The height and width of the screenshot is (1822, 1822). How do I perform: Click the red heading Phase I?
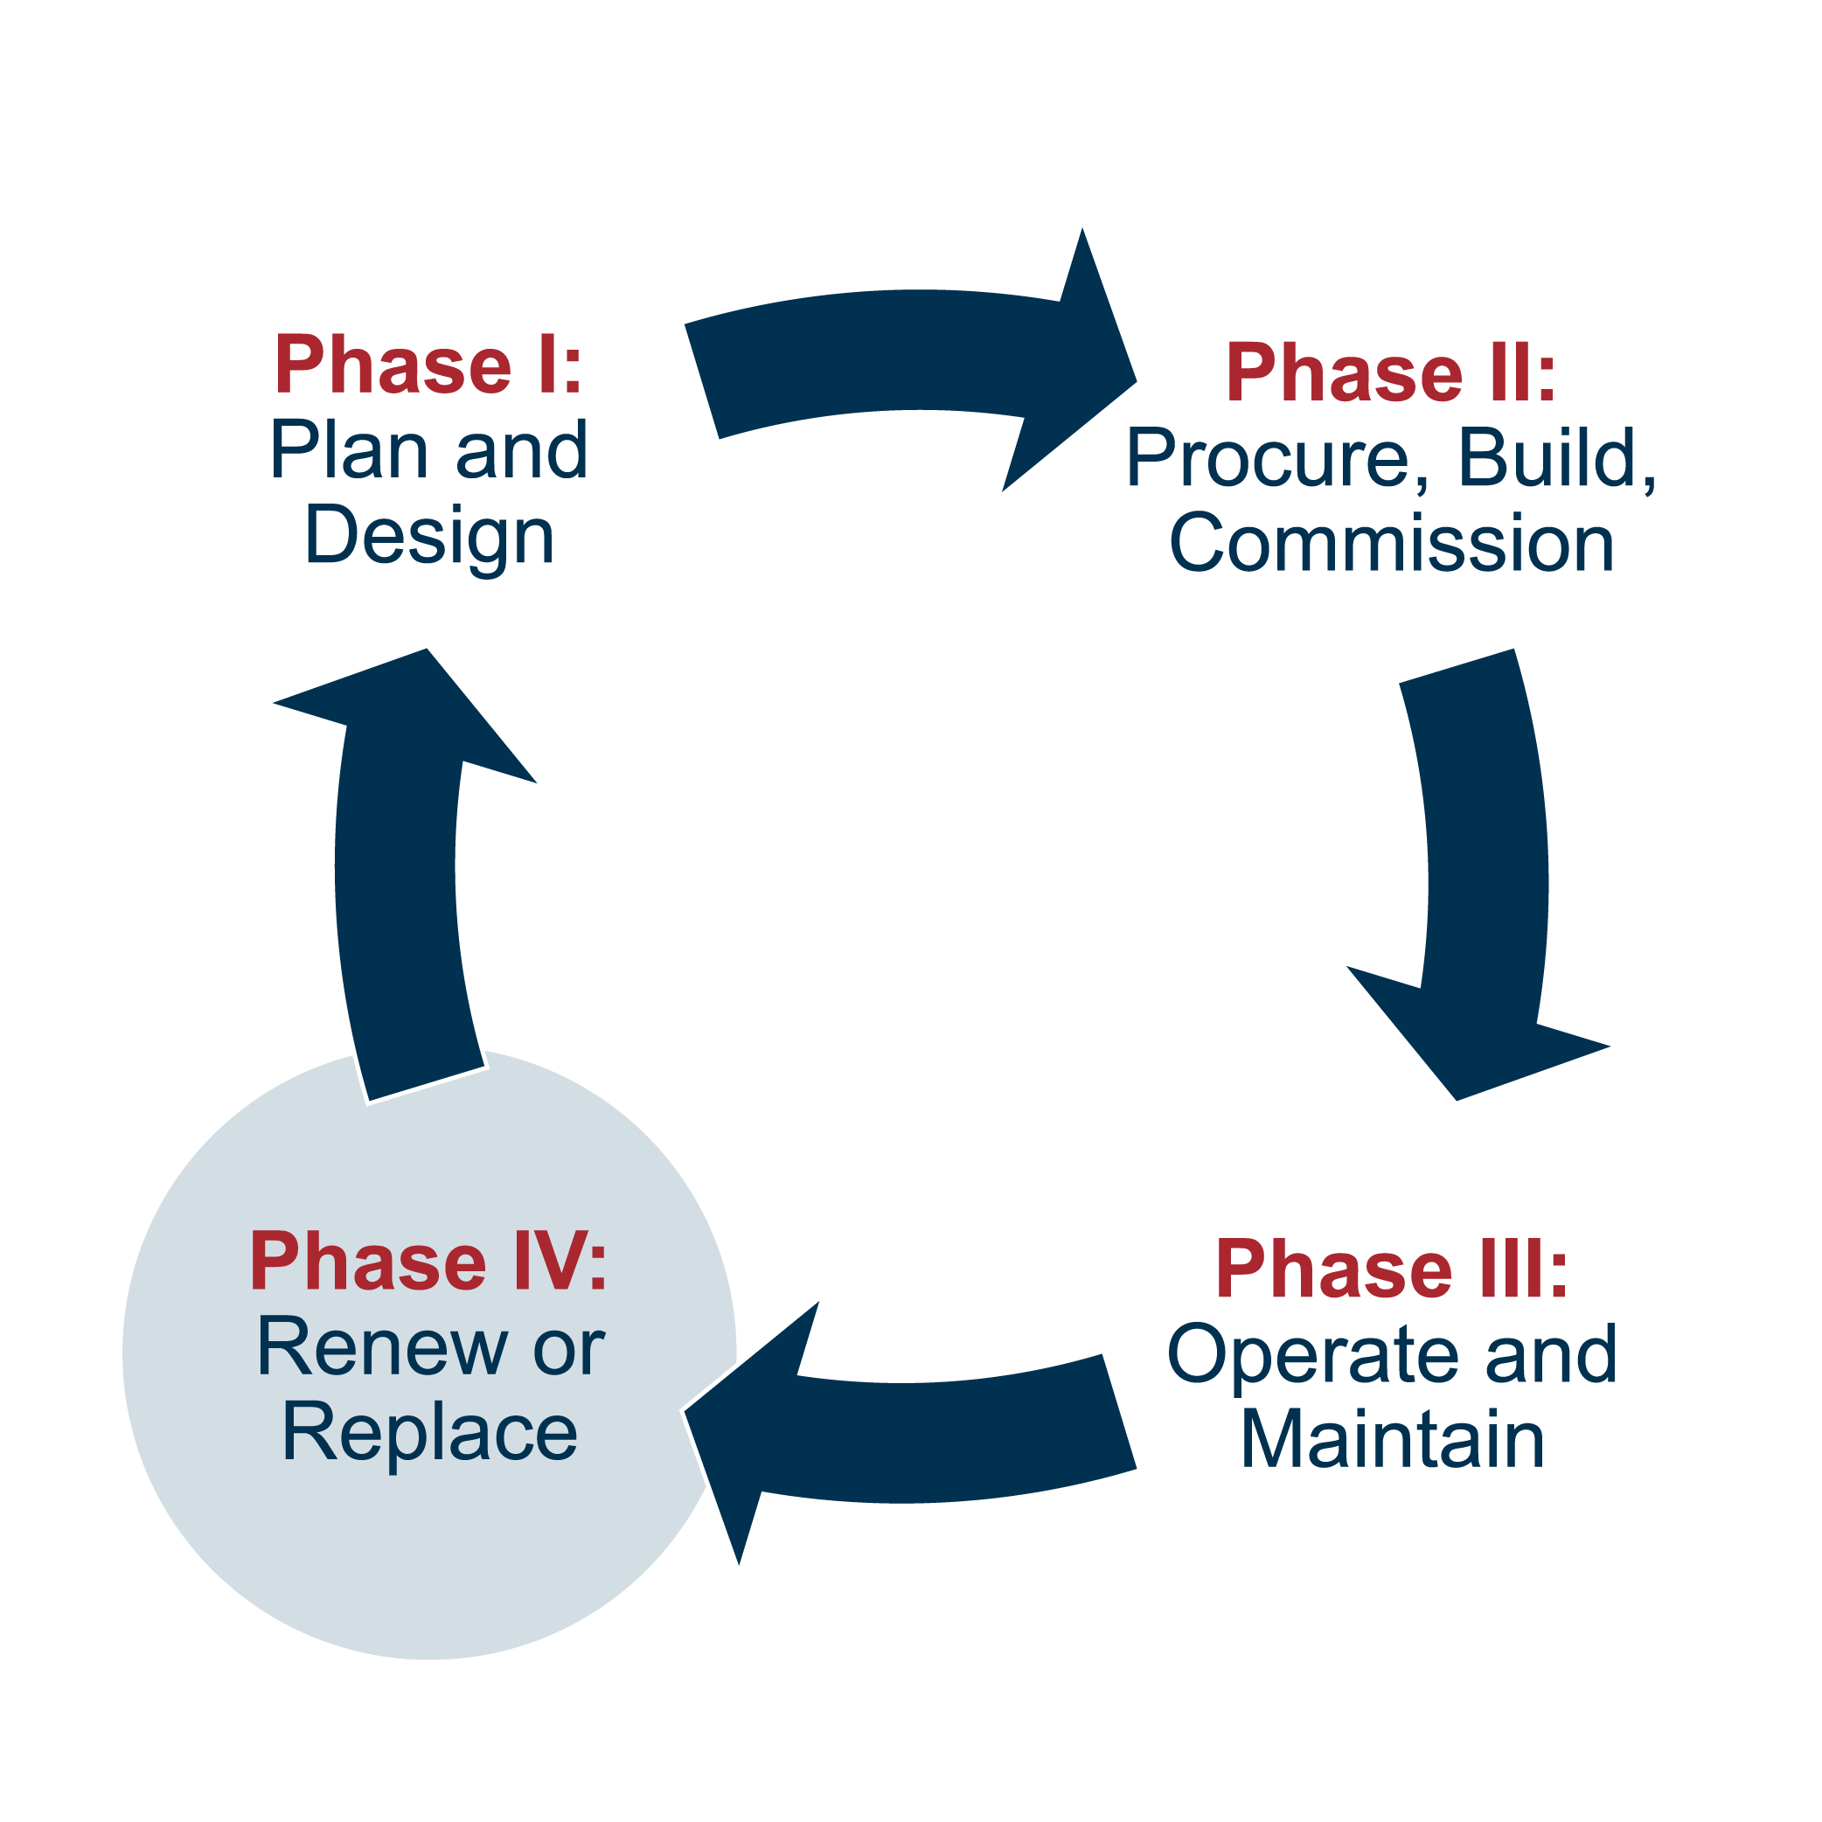click(428, 366)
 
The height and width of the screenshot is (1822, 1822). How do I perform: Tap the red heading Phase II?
click(1390, 373)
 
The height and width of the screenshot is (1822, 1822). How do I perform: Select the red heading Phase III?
click(1392, 1270)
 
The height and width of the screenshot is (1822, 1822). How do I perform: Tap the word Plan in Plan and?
click(348, 451)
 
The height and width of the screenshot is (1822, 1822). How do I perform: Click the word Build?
click(1547, 458)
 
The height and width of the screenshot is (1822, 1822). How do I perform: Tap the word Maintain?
click(1392, 1440)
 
